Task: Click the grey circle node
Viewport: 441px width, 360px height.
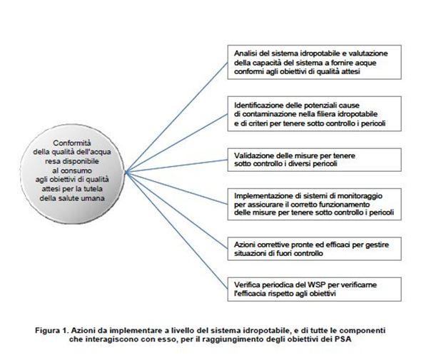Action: pyautogui.click(x=72, y=174)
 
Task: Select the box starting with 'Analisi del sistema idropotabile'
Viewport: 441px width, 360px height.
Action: pyautogui.click(x=314, y=62)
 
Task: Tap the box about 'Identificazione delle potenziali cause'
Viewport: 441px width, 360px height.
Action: pyautogui.click(x=314, y=114)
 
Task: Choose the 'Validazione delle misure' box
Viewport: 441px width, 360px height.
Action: pyautogui.click(x=314, y=160)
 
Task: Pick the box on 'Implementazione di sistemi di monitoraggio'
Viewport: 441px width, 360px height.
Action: pyautogui.click(x=314, y=205)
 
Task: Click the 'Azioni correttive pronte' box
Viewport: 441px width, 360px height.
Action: pyautogui.click(x=314, y=249)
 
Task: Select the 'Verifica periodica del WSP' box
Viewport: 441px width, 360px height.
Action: pyautogui.click(x=314, y=289)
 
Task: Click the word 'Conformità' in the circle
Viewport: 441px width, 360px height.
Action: pyautogui.click(x=72, y=143)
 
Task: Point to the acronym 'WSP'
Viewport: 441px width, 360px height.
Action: pyautogui.click(x=317, y=284)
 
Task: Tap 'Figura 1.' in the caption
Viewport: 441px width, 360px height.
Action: pyautogui.click(x=52, y=330)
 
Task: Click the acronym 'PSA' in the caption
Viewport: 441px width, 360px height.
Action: pyautogui.click(x=343, y=339)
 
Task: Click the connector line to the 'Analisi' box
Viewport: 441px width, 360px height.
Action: pyautogui.click(x=176, y=117)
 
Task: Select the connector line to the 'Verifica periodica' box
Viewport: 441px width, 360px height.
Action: pyautogui.click(x=176, y=230)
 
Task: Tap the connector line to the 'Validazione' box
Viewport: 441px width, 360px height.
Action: pyautogui.click(x=176, y=166)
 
